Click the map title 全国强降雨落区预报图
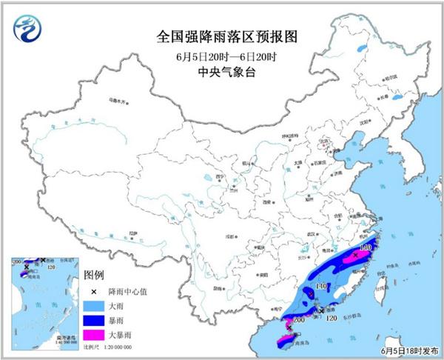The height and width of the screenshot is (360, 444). (221, 36)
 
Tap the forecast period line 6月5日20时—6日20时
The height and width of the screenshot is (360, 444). (221, 56)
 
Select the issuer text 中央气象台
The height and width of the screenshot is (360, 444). (221, 73)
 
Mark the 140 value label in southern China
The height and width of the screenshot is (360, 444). (320, 285)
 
